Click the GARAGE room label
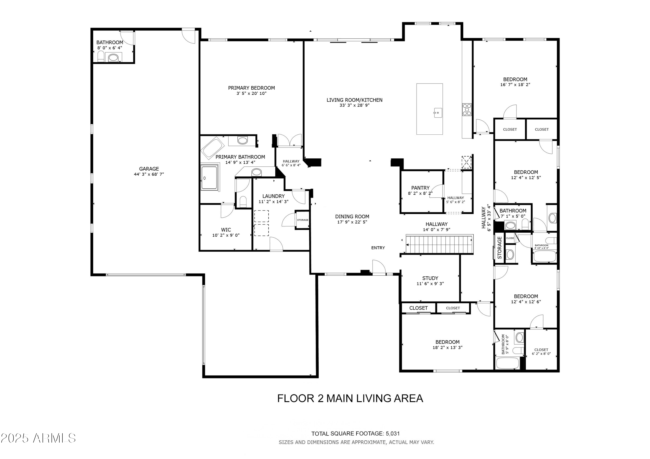point(149,169)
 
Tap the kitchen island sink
point(437,113)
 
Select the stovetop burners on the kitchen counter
point(467,110)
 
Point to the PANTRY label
point(420,188)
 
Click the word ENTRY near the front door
point(378,248)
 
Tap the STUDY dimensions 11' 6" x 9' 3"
point(430,283)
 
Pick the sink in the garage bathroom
point(113,58)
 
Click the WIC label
point(226,230)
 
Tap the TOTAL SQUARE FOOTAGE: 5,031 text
point(356,433)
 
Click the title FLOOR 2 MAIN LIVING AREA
point(350,398)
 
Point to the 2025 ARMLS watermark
point(38,438)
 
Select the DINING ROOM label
point(352,217)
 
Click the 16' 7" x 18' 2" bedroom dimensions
point(515,85)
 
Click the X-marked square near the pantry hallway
point(466,162)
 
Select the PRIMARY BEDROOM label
point(251,88)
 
